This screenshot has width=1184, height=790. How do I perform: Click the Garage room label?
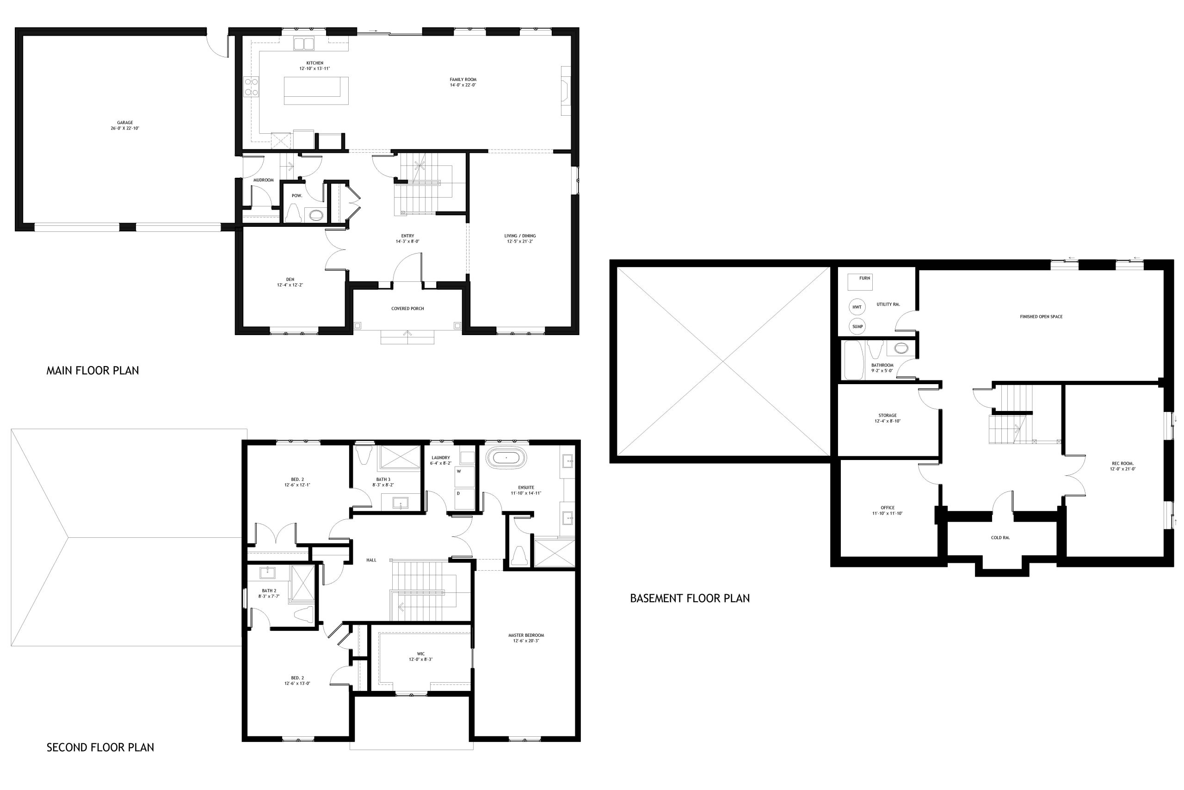pos(125,123)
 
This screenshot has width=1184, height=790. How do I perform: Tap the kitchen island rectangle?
pos(316,91)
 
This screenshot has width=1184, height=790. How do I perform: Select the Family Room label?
pos(463,80)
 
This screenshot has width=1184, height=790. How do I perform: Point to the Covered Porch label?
pos(408,308)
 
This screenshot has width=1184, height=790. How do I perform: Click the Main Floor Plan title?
pos(92,371)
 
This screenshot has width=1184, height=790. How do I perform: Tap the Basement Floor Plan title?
pos(690,598)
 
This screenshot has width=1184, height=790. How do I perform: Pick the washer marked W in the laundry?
pos(465,477)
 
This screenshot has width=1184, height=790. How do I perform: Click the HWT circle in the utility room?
pos(857,307)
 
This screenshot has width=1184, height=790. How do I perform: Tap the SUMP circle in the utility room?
pos(857,326)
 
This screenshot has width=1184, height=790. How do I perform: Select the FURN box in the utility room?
pos(860,282)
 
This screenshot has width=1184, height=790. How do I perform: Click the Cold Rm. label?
pos(1000,538)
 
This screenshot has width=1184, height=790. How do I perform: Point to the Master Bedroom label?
pos(526,635)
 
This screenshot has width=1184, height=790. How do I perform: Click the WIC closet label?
pos(421,654)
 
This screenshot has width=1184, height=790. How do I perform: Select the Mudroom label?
pos(263,180)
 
